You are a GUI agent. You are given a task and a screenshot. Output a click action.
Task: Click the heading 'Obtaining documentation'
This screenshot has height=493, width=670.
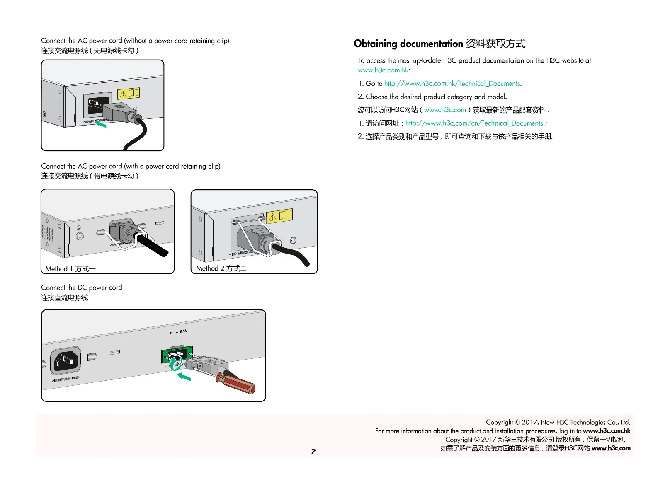pos(408,43)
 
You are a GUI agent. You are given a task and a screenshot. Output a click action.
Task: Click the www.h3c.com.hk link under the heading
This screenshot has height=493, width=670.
pos(383,70)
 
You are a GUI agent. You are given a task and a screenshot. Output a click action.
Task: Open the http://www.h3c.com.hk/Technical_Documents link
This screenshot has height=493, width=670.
pos(452,84)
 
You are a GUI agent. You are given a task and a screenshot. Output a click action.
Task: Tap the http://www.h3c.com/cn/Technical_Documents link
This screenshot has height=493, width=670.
pos(474,123)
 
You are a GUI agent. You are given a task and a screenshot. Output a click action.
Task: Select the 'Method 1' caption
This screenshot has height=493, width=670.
pos(70,269)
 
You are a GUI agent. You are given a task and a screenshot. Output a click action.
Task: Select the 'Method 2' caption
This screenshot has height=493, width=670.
pos(221,268)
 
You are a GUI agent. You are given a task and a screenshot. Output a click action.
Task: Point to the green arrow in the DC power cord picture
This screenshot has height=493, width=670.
pos(184,377)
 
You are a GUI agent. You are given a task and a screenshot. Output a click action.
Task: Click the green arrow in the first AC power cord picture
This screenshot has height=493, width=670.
pos(101,123)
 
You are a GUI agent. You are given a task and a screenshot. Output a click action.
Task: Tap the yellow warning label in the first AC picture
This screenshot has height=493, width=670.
pos(129,93)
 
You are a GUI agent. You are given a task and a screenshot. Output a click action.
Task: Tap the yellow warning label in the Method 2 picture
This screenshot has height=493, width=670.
pos(279,216)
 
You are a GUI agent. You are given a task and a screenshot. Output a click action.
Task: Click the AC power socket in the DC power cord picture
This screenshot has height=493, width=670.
pos(66,360)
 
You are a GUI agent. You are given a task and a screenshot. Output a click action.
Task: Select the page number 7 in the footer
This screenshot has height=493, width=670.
pos(313,451)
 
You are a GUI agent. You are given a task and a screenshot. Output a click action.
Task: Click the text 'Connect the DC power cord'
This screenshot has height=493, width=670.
pos(82,288)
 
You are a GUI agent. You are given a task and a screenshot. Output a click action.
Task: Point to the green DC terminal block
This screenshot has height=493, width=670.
pos(177,354)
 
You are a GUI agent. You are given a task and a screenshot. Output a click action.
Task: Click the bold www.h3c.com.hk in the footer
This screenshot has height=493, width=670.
pos(607,431)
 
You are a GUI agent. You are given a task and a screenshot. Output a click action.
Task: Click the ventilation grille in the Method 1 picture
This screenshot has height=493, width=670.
pos(47,233)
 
